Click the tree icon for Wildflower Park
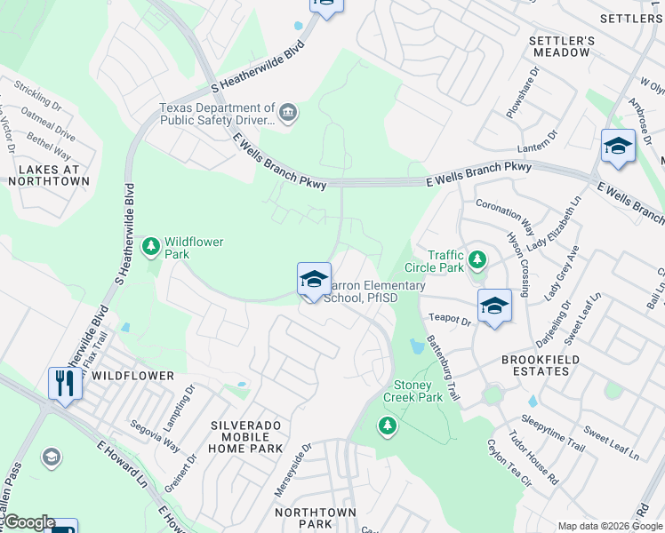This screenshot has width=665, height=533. (x=151, y=245)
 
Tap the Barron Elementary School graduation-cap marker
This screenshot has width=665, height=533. (x=314, y=279)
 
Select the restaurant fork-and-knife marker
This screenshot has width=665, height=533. (x=64, y=384)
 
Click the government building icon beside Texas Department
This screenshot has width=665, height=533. (x=288, y=112)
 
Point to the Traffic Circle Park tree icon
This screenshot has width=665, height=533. (x=478, y=259)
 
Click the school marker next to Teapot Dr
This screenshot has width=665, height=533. (x=494, y=306)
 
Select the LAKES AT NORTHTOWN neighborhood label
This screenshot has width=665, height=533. (x=49, y=175)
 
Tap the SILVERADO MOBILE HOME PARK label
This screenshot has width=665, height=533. (x=245, y=437)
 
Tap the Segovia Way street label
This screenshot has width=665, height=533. (x=155, y=436)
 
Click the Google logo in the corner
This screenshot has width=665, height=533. (x=28, y=522)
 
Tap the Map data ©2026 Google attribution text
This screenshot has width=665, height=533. (x=609, y=526)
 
